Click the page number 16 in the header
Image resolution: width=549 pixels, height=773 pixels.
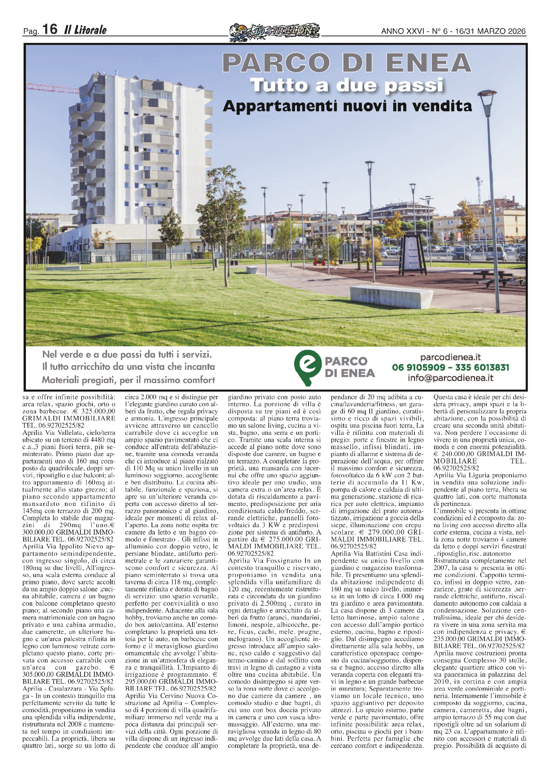point(50,29)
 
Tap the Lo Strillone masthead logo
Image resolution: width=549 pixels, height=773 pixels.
point(274,31)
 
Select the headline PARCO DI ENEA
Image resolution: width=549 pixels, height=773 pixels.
point(347,63)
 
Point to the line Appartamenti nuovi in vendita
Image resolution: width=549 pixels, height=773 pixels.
point(347,106)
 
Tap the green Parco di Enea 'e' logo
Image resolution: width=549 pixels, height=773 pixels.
point(307,368)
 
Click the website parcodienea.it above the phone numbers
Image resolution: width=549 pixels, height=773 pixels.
point(450,358)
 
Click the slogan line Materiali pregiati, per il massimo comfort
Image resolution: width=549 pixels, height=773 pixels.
point(128,380)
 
